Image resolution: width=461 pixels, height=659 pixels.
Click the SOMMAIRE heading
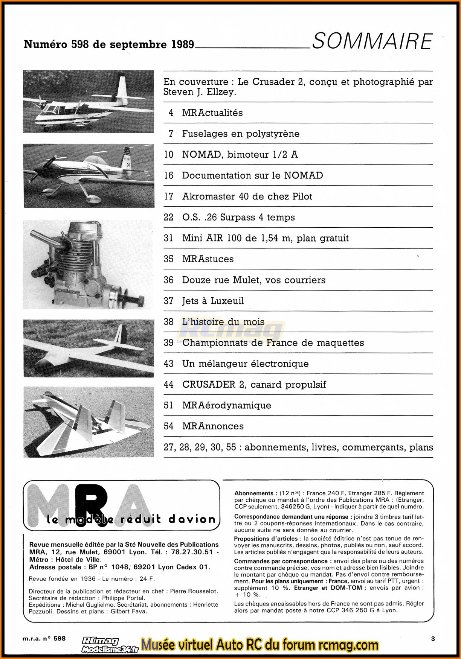click(x=372, y=41)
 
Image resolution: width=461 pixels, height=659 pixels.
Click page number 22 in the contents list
click(x=168, y=217)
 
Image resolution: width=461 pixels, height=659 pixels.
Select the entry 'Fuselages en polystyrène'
click(x=241, y=134)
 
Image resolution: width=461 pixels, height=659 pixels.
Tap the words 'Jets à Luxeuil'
click(x=213, y=301)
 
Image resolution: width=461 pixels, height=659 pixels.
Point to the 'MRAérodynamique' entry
click(x=226, y=405)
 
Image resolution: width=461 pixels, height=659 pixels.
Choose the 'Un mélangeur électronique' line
click(x=245, y=364)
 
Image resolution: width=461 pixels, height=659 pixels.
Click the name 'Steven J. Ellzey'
click(x=200, y=92)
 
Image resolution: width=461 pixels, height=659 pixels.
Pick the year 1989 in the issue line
click(x=183, y=44)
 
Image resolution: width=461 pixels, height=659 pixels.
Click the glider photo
click(x=89, y=348)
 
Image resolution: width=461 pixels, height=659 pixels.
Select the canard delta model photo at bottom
click(x=89, y=422)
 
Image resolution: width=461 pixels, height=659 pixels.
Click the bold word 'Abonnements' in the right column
click(x=254, y=493)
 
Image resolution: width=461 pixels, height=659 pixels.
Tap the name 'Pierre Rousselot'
click(x=194, y=591)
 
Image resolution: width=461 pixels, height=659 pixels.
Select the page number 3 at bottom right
click(x=433, y=639)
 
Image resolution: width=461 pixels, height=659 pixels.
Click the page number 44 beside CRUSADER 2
click(x=168, y=384)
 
